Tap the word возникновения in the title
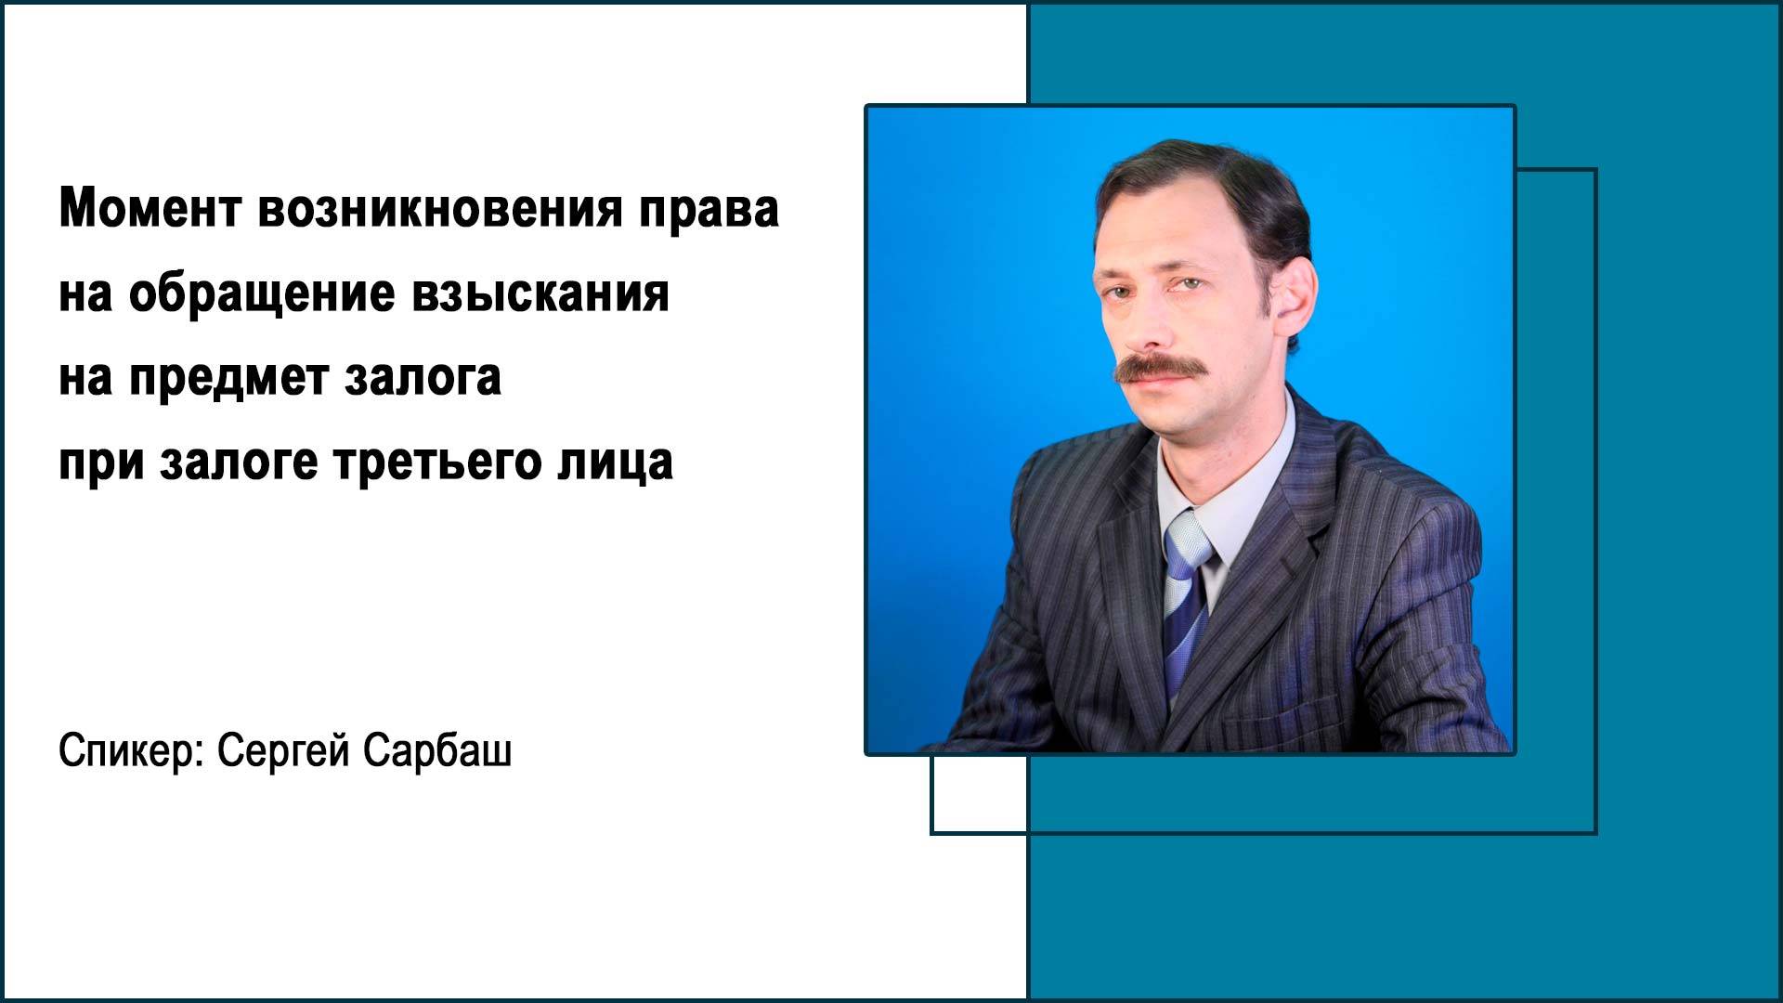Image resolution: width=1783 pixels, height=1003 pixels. click(439, 209)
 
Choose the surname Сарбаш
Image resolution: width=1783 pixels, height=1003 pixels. click(436, 750)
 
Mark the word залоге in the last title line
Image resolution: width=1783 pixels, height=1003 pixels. click(239, 462)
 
